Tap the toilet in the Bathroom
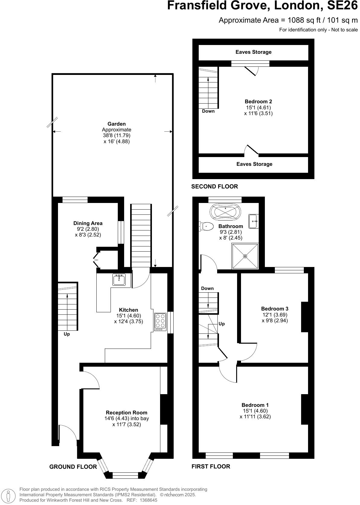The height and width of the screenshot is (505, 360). coord(205,226)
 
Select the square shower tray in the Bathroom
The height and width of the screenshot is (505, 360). coord(245,256)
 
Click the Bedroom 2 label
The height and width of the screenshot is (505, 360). coord(256,101)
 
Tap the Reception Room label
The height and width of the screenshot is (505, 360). coord(127,413)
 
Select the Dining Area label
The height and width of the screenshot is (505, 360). coord(88,223)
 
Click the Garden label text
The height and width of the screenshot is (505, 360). coord(117,124)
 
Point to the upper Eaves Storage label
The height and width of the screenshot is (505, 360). coord(253,52)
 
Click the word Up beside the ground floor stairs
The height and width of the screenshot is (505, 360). coord(67,334)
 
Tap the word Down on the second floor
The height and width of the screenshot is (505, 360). coord(208,111)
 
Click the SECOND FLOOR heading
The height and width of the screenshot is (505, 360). coord(214,187)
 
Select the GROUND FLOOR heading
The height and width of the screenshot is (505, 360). coord(73,467)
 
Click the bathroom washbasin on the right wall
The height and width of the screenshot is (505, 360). coord(254,221)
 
